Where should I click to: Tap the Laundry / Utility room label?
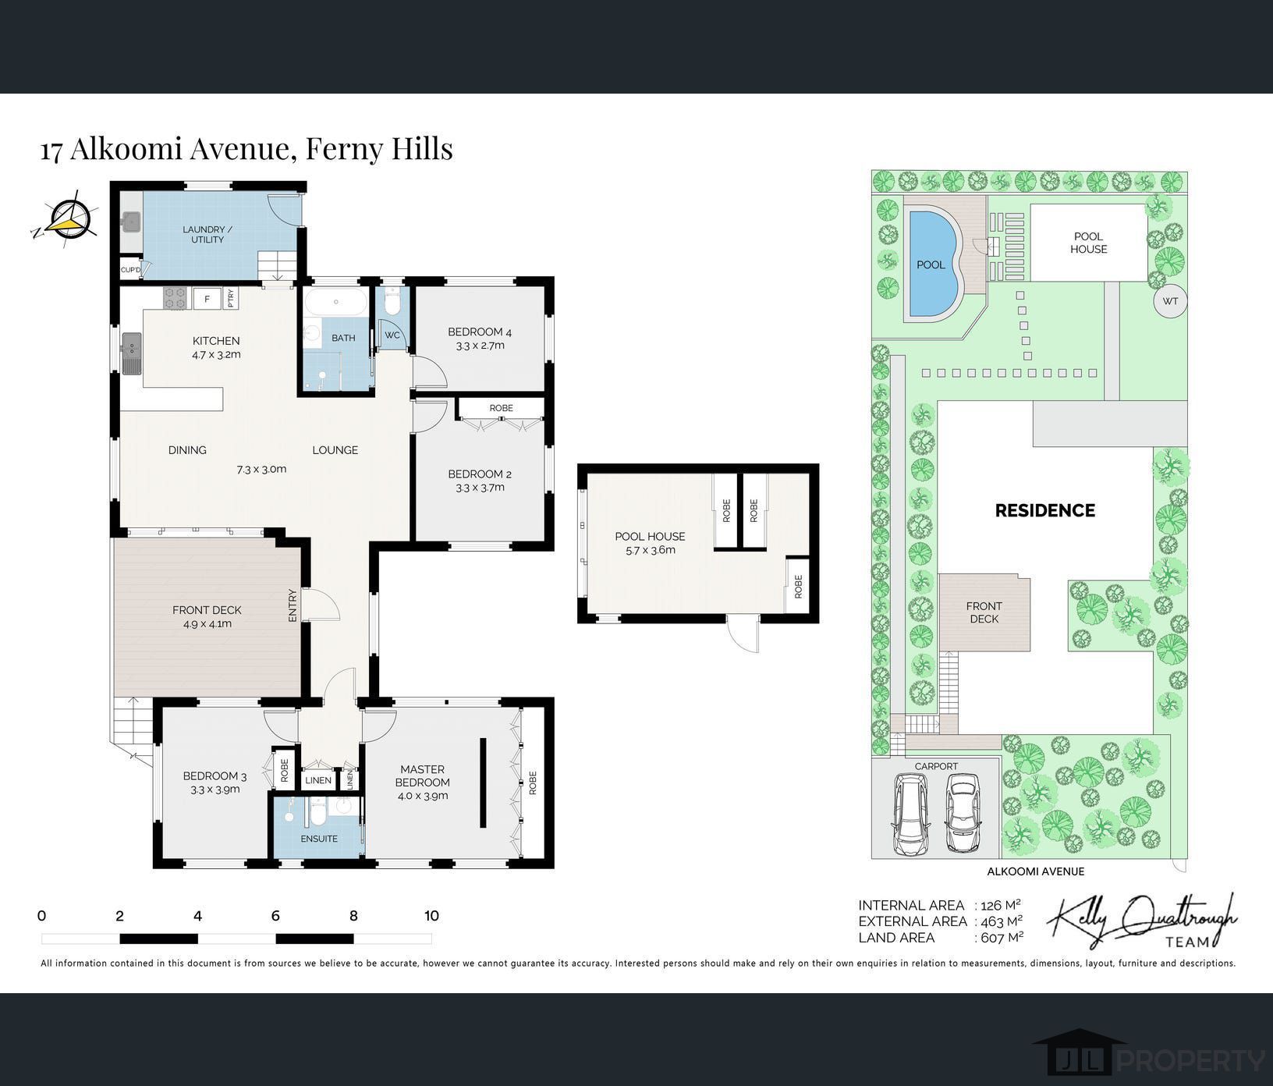(203, 234)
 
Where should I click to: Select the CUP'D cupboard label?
(130, 271)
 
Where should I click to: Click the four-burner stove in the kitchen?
(176, 298)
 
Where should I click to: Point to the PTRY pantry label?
(230, 298)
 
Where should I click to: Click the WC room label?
(392, 335)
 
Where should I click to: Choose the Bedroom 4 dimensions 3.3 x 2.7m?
(480, 346)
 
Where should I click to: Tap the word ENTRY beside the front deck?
(293, 605)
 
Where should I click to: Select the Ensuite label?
(319, 839)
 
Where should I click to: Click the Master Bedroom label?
(423, 775)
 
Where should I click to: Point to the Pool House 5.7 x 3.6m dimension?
(650, 550)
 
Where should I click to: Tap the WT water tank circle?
(1170, 301)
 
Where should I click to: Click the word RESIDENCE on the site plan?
(1044, 510)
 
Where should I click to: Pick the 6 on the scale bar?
(275, 916)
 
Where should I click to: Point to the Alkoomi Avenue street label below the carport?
(1035, 871)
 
